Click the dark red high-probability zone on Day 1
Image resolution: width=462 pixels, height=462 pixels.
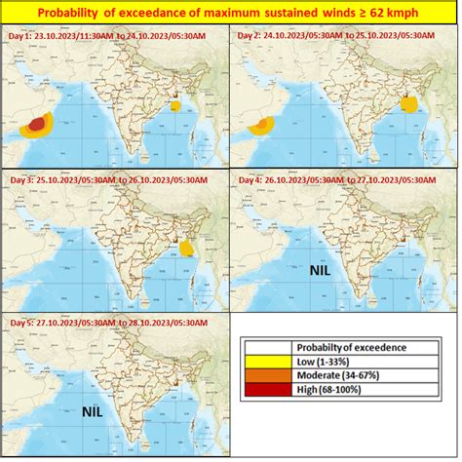point(37,123)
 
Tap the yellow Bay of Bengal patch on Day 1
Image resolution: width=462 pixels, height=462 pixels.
point(176,105)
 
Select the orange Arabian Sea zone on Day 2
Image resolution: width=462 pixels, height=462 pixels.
point(261,124)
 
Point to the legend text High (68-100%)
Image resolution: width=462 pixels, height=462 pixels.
point(331,389)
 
